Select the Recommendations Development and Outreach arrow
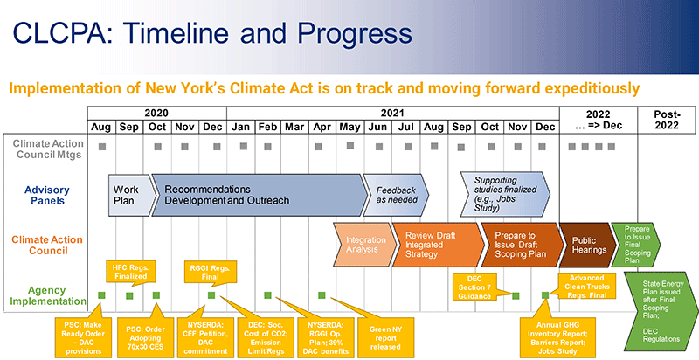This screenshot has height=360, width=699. point(259,195)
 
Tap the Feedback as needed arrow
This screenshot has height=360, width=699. point(396,195)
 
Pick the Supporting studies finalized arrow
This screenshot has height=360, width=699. point(505,195)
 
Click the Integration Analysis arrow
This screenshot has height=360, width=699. point(364,244)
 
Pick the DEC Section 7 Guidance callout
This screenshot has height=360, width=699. point(474,287)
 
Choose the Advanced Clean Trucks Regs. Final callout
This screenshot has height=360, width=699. point(586,286)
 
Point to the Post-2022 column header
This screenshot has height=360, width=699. point(667,120)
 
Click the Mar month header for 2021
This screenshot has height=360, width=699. point(294,127)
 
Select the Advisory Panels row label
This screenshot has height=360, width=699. point(48,195)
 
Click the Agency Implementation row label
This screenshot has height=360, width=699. point(48,295)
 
